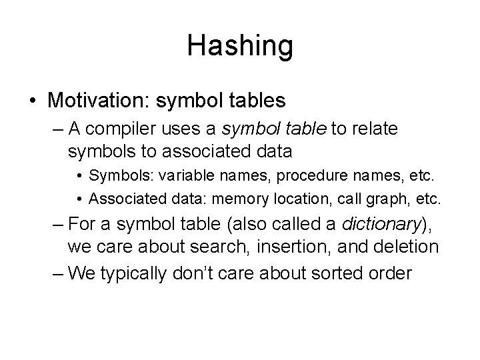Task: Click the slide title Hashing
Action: tap(239, 46)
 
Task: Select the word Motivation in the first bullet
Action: tap(98, 101)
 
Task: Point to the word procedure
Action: tap(282, 177)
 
